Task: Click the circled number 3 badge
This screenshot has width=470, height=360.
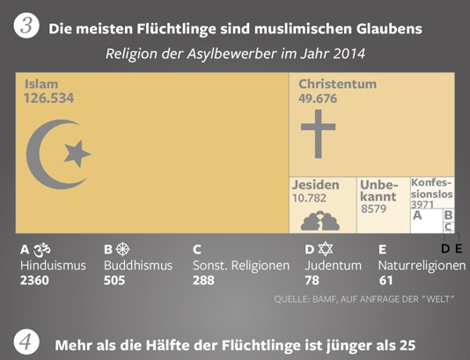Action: click(x=27, y=27)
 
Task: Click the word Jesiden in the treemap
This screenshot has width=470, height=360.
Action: click(x=315, y=185)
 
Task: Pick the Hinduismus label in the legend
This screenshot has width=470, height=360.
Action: click(x=53, y=265)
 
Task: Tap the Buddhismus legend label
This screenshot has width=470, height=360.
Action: click(x=139, y=265)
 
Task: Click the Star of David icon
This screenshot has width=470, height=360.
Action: click(x=325, y=249)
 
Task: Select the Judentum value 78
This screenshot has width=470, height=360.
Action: click(x=312, y=281)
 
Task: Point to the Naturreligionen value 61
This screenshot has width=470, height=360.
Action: click(x=386, y=281)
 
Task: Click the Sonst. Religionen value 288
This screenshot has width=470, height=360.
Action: click(x=203, y=281)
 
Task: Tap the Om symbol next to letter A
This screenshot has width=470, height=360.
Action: click(x=41, y=249)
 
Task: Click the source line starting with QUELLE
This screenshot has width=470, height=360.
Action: click(x=364, y=301)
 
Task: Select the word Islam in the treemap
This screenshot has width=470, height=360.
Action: click(x=41, y=84)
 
